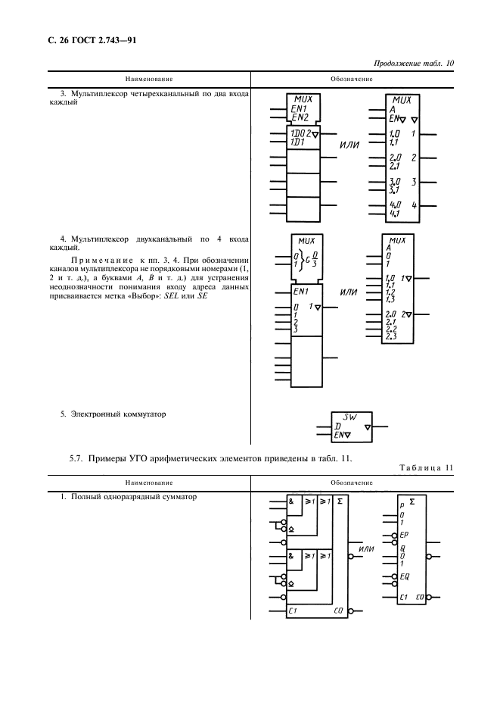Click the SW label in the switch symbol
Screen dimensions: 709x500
click(x=349, y=417)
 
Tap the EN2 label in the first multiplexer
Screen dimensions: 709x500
click(x=300, y=117)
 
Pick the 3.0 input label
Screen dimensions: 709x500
click(x=393, y=183)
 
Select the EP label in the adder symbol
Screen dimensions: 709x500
click(x=405, y=534)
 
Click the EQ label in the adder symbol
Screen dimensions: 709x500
click(x=405, y=576)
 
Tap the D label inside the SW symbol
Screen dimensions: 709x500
click(x=337, y=427)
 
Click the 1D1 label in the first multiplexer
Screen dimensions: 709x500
click(x=297, y=142)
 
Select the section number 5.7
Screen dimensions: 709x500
click(x=77, y=459)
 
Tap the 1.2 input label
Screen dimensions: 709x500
click(x=390, y=292)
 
